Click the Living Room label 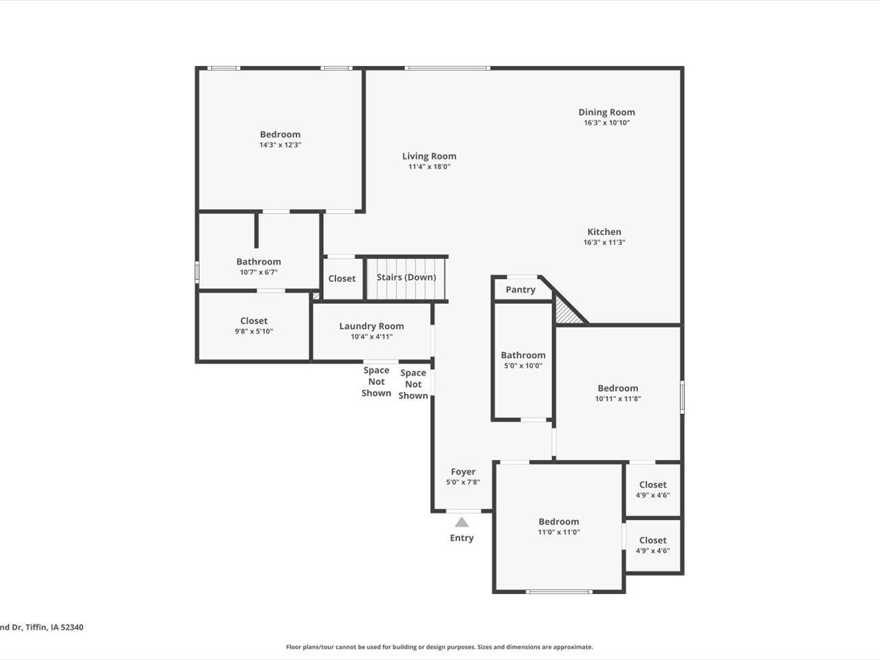click(429, 156)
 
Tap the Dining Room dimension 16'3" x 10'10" click(606, 123)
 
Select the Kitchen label click(604, 232)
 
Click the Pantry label click(520, 289)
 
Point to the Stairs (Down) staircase click(406, 278)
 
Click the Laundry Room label click(371, 326)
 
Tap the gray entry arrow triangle click(462, 522)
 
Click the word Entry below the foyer click(461, 538)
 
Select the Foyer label click(463, 472)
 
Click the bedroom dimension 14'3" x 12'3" click(280, 145)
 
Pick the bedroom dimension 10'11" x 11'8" click(617, 399)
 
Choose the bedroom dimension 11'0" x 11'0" click(558, 532)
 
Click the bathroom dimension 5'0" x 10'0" click(522, 366)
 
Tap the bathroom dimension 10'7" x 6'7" click(258, 272)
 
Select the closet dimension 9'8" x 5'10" click(254, 331)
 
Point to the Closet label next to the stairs click(342, 278)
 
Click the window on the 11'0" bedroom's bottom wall click(558, 591)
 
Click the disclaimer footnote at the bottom click(439, 647)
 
